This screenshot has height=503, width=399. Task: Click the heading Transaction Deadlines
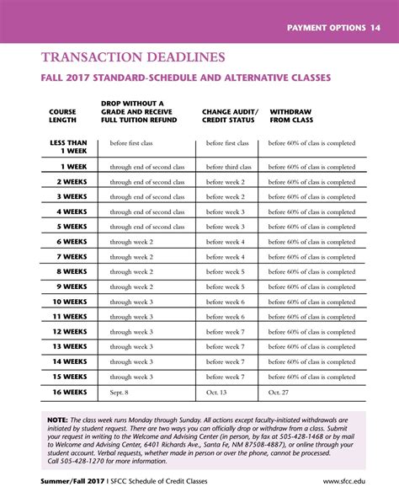tap(133, 57)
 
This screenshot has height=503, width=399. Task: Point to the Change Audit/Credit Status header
tap(230, 115)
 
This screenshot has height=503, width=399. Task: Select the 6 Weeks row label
tap(72, 242)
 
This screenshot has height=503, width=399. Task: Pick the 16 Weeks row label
tap(70, 393)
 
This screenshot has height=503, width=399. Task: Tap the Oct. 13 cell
tap(217, 393)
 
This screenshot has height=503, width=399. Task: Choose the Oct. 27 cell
tap(279, 393)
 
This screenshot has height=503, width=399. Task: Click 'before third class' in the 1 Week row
tap(228, 167)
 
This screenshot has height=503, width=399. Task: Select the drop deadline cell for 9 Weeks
tap(131, 287)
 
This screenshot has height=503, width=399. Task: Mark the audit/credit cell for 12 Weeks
tap(226, 332)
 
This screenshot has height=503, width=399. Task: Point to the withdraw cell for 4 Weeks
tap(311, 212)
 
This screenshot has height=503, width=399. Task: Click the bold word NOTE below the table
tap(57, 420)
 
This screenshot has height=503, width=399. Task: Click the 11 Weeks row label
tap(70, 317)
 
